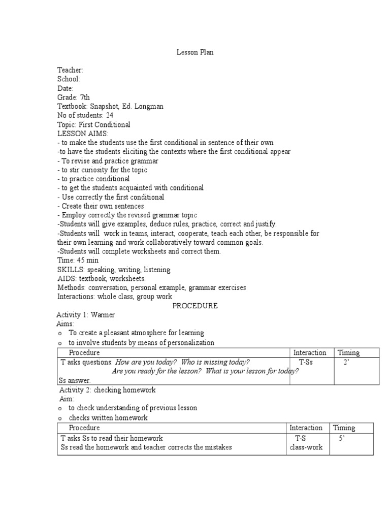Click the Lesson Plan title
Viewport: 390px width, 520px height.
pos(195,52)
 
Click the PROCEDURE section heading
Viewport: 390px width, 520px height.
pos(195,306)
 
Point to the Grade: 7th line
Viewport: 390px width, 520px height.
pos(74,97)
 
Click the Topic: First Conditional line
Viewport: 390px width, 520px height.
pos(93,124)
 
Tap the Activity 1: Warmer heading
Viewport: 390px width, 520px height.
pos(85,315)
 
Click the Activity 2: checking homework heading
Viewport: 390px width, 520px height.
pos(108,390)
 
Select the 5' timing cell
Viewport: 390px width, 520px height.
pos(342,438)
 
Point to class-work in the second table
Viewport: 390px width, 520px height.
pos(306,447)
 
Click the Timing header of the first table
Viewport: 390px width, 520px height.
pos(348,352)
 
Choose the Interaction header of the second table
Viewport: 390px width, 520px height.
pos(306,428)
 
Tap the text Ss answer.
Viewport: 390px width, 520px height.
pos(75,380)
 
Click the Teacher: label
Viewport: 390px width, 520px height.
pos(70,70)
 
